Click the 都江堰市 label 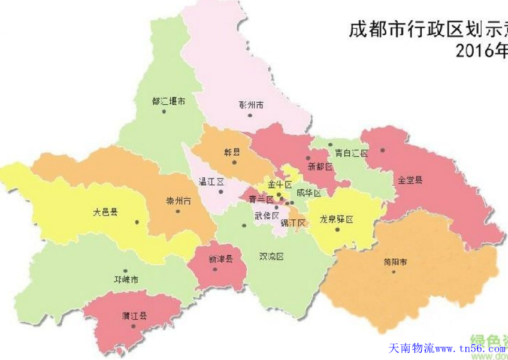(168, 102)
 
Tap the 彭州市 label (251, 105)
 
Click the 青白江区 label (352, 153)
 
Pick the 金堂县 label (410, 179)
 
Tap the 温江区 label (211, 181)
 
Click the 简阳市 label (395, 262)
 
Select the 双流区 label (271, 256)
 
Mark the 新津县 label (220, 259)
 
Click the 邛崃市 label (126, 280)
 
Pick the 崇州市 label (179, 201)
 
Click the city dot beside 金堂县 (382, 150)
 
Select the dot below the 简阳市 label (394, 272)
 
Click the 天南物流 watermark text (412, 348)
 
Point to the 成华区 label (309, 193)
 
